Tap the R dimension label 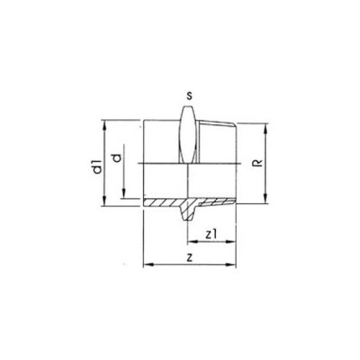(256, 163)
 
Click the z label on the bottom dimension (190, 258)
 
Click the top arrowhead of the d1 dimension (104, 124)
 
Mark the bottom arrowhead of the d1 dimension (104, 202)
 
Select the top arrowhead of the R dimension (265, 127)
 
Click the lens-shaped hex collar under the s (190, 135)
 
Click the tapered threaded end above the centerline (217, 143)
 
